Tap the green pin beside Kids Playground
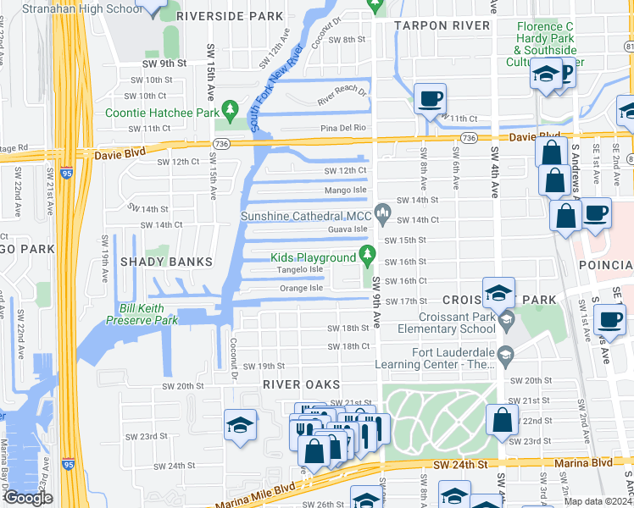pos(367,253)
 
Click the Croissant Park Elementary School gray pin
pos(507,319)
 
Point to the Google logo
pos(28,498)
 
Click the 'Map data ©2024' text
pos(598,501)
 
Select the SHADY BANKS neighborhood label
pos(166,262)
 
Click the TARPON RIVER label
pos(441,25)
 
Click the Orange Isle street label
pos(301,289)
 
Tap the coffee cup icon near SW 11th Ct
pos(430,99)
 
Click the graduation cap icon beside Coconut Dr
pos(241,426)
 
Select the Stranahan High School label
pos(70,8)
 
